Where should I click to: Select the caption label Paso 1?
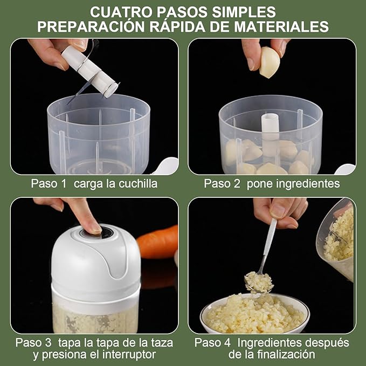pos(49,184)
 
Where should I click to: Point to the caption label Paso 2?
pos(222,184)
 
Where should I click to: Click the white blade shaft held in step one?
pos(89,70)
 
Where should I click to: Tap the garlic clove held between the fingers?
pos(270,62)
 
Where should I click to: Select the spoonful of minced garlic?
pos(258,281)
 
